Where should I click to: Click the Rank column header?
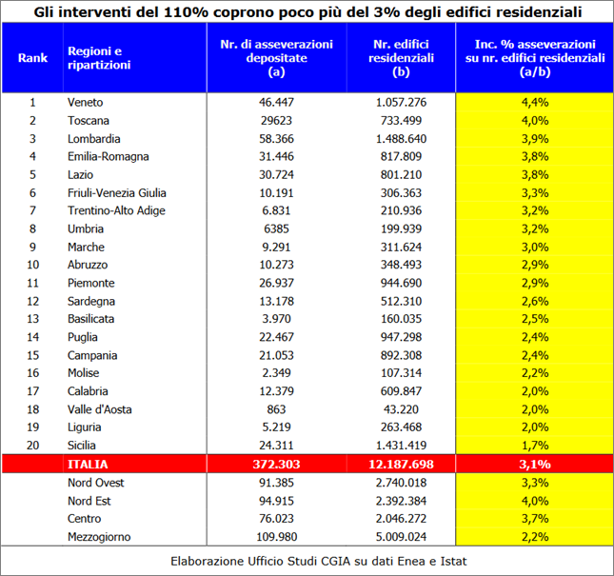click(x=32, y=58)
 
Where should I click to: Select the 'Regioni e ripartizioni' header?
click(x=99, y=58)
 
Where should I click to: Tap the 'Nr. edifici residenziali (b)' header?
click(x=401, y=58)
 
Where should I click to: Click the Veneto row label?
click(x=85, y=103)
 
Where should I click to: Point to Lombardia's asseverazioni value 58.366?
click(x=276, y=139)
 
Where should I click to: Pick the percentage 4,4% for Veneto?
click(x=534, y=103)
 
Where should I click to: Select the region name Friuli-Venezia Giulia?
click(x=117, y=193)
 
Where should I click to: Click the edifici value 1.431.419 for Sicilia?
click(x=401, y=446)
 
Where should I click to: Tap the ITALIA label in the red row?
click(x=88, y=465)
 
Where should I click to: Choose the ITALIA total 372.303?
click(x=276, y=465)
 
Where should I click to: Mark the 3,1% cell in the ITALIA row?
click(x=534, y=465)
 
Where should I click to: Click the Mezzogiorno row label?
click(x=99, y=537)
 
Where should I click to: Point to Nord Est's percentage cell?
click(x=534, y=501)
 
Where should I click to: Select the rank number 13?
click(x=33, y=319)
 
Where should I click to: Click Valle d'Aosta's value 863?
click(x=276, y=409)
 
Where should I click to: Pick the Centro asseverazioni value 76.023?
click(x=276, y=519)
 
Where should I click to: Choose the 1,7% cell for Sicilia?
click(x=534, y=446)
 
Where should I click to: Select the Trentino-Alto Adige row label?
click(x=116, y=210)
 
